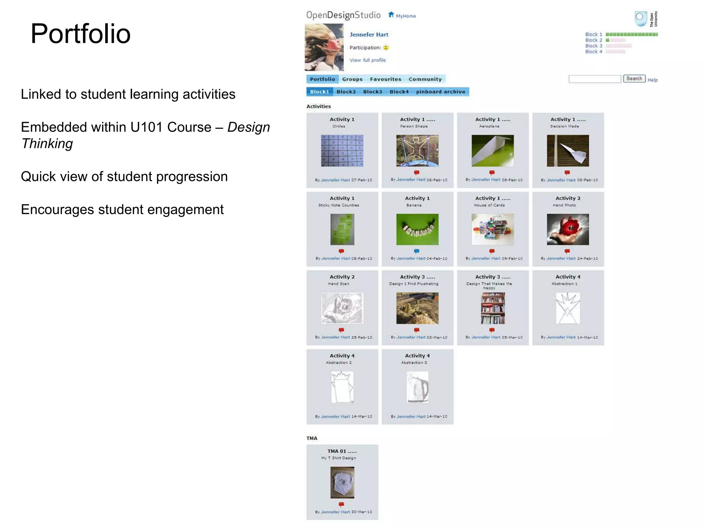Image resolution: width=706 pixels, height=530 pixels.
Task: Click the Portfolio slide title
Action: pyautogui.click(x=81, y=34)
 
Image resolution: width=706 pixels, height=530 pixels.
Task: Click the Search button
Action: pyautogui.click(x=634, y=79)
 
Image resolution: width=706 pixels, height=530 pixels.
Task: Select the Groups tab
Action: pyautogui.click(x=352, y=79)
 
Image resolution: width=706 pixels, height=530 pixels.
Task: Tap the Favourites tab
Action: pyautogui.click(x=385, y=79)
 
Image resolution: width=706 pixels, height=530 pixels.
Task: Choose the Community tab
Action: pyautogui.click(x=425, y=79)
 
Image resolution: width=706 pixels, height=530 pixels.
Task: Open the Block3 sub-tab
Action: pyautogui.click(x=372, y=92)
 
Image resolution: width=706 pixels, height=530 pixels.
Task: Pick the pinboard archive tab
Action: pyautogui.click(x=440, y=92)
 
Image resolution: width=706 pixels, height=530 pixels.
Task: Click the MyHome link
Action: pyautogui.click(x=405, y=16)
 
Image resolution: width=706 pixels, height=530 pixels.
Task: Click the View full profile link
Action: pyautogui.click(x=367, y=60)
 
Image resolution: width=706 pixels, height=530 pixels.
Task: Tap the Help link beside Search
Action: pyautogui.click(x=653, y=80)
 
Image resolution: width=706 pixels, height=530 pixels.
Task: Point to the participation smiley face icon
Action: pyautogui.click(x=386, y=48)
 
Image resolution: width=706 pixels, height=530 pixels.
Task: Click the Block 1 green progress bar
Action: pyautogui.click(x=632, y=35)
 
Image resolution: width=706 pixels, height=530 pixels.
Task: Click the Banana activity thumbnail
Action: pyautogui.click(x=417, y=229)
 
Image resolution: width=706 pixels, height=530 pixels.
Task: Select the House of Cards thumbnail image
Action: pyautogui.click(x=493, y=229)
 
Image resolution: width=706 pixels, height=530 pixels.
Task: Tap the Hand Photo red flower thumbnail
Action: pyautogui.click(x=568, y=229)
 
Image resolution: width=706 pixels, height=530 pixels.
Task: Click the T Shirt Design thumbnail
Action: pyautogui.click(x=342, y=482)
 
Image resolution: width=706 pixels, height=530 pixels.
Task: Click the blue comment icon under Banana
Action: pyautogui.click(x=416, y=251)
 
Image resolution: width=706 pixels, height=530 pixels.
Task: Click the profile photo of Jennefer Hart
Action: pyautogui.click(x=324, y=47)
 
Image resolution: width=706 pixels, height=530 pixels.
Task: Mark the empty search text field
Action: pyautogui.click(x=595, y=79)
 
